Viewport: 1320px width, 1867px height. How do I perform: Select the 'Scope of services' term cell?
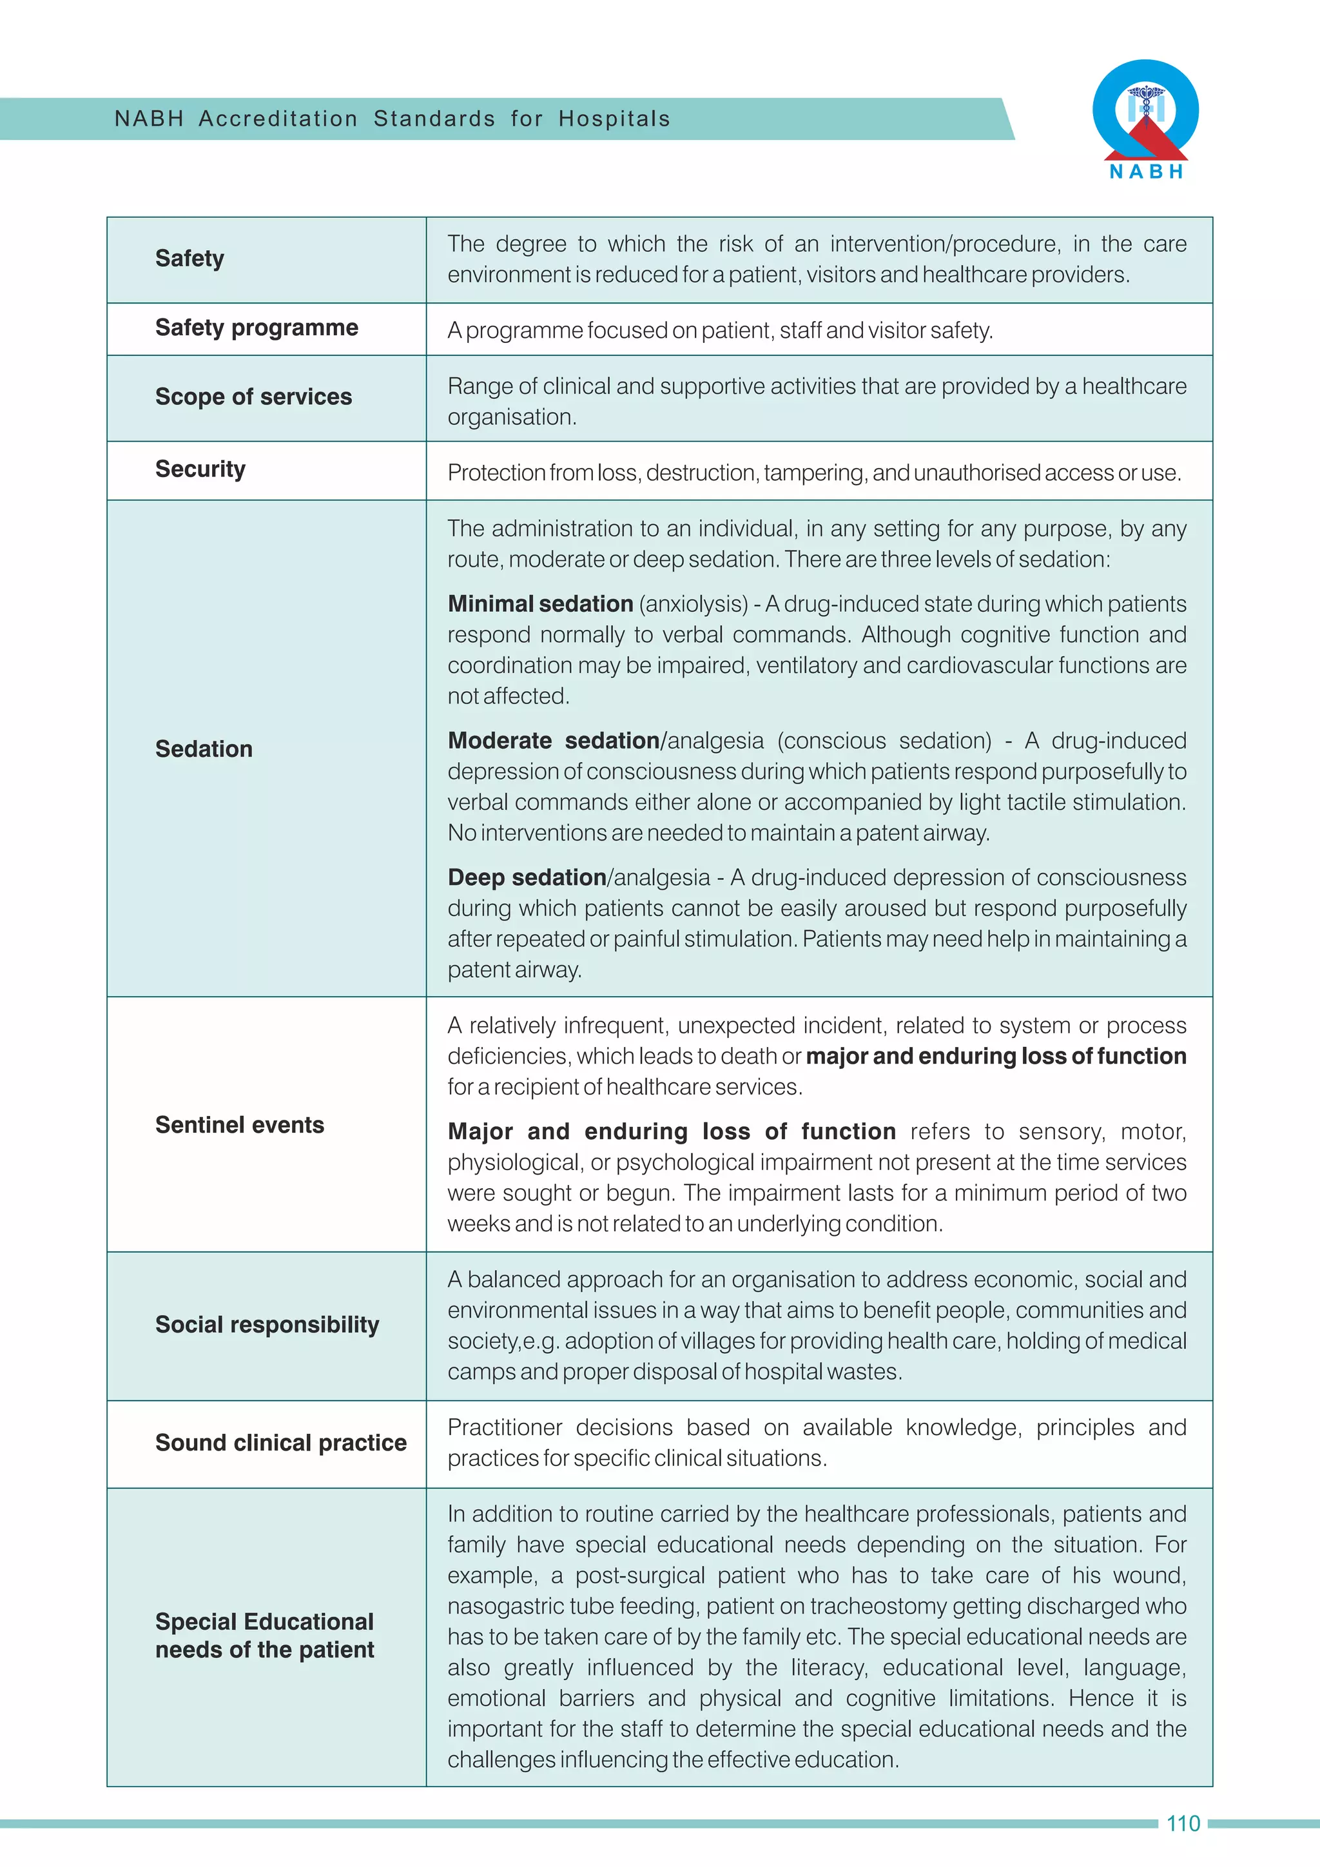tap(253, 397)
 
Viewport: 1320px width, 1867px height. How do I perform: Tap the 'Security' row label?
tap(200, 469)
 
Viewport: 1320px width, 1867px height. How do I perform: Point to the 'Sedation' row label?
tap(204, 749)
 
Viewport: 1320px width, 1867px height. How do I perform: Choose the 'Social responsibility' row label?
tap(267, 1325)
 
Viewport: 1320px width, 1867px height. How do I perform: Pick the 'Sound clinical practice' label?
tap(280, 1443)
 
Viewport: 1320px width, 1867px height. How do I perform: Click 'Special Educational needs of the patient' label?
tap(264, 1636)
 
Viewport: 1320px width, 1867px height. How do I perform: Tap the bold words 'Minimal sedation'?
tap(539, 604)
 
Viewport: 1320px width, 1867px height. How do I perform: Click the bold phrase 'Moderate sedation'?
tap(554, 741)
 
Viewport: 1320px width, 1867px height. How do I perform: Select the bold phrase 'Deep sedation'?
tap(527, 877)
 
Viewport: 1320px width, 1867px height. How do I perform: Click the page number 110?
tap(1183, 1824)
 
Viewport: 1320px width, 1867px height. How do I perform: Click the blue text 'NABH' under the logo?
tap(1146, 171)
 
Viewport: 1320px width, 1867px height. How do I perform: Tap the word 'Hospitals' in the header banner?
tap(614, 119)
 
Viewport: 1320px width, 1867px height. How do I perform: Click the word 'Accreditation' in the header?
tap(278, 119)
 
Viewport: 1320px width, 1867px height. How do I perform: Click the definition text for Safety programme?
tap(720, 331)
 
